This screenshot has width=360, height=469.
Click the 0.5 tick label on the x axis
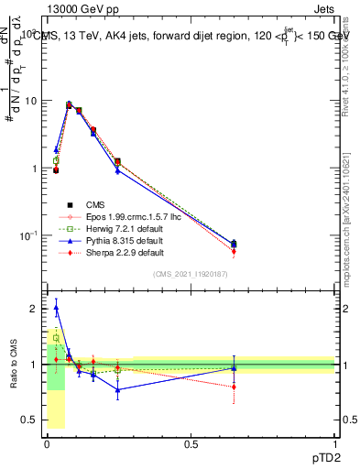pos(191,445)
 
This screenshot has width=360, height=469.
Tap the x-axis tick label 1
pos(334,445)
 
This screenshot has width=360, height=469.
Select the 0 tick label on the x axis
pos(48,445)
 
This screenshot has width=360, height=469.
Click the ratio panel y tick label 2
pos(34,309)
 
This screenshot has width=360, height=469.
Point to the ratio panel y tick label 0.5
pos(29,420)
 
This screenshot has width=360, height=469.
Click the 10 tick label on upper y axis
pos(30,101)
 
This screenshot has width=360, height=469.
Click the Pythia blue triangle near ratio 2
pos(56,308)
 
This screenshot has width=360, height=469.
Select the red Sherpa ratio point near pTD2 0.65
pos(234,387)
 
